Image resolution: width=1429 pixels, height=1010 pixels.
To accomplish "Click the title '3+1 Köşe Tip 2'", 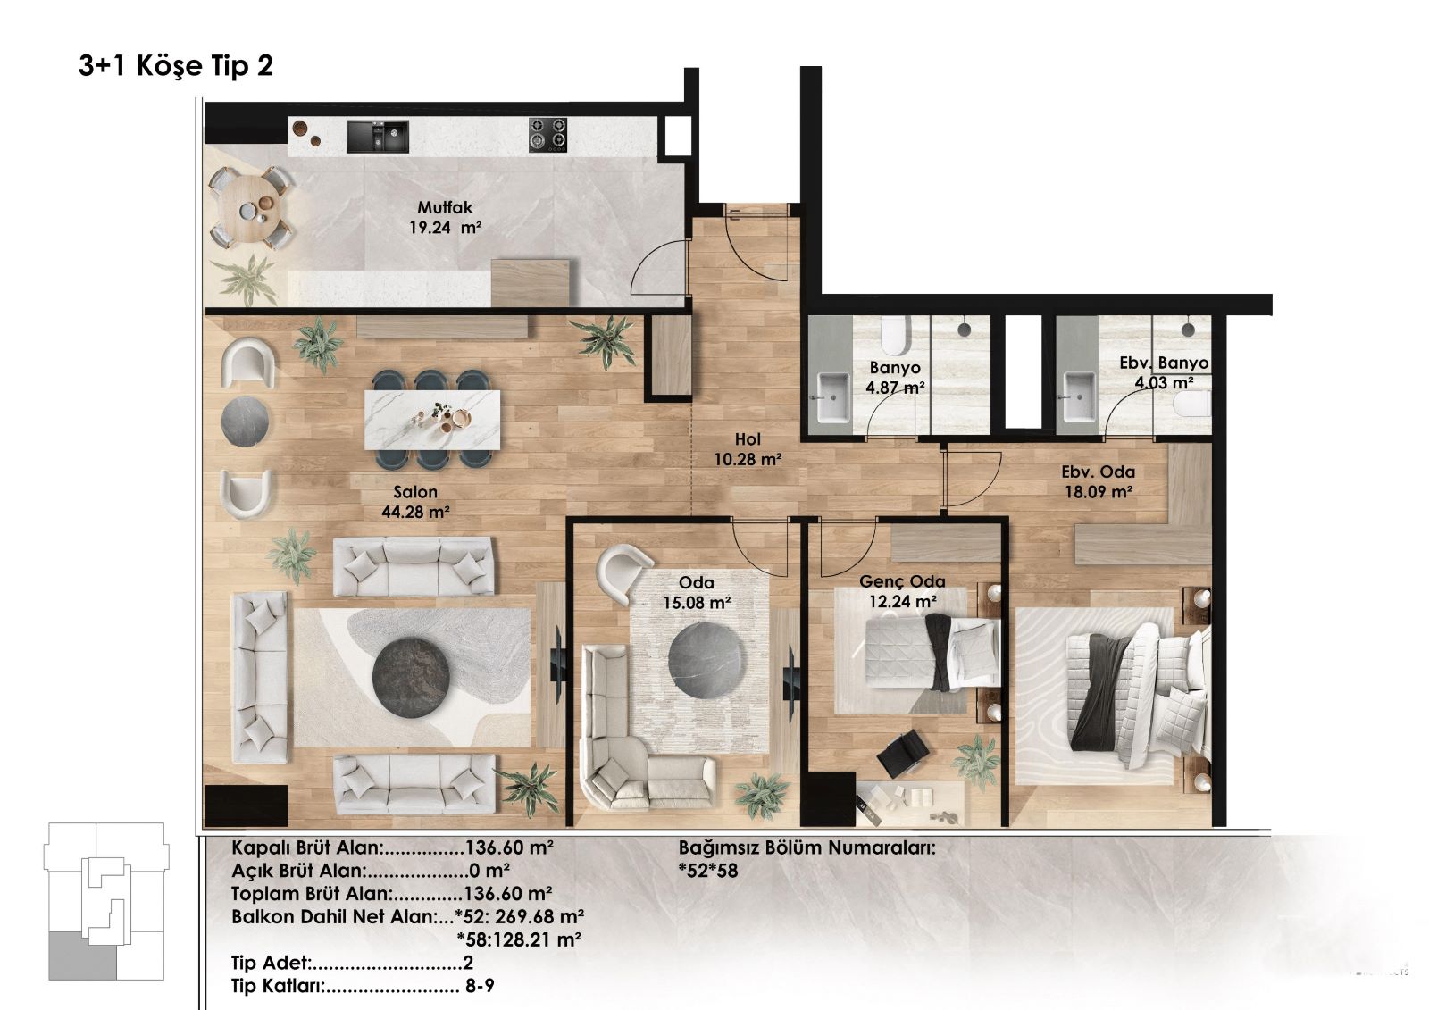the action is (176, 66).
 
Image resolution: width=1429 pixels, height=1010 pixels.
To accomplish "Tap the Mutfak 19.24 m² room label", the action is (446, 217).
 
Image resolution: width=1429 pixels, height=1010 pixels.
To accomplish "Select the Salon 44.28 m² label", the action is (415, 502).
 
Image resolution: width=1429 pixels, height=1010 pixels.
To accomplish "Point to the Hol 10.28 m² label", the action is (748, 448).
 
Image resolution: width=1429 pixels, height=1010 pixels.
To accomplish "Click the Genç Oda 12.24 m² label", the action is (902, 591).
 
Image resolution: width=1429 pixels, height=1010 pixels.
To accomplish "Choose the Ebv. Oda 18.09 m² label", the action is (1098, 481).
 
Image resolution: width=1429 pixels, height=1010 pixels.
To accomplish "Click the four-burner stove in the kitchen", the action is (547, 135).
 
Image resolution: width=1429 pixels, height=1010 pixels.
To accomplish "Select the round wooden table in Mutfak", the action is (249, 208).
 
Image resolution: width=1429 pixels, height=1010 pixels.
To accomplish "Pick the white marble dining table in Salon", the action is (432, 420).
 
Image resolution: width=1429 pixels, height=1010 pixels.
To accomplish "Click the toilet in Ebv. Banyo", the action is (1192, 404).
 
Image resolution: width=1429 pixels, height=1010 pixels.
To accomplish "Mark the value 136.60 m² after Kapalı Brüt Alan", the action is (509, 847).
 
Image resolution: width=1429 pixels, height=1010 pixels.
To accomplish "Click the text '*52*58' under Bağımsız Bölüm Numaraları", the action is (708, 871).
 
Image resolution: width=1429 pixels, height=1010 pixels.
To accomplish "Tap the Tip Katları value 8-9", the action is (479, 986).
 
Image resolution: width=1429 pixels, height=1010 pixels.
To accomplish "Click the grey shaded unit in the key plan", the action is (83, 956).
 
